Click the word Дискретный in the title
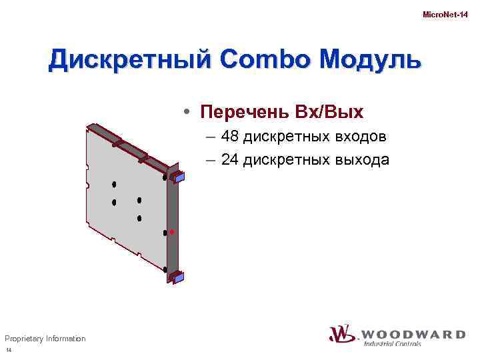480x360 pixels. (x=123, y=60)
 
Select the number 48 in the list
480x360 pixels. (x=230, y=137)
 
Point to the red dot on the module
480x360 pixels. (x=171, y=231)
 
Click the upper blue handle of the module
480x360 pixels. (x=178, y=177)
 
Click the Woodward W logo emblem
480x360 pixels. (x=342, y=333)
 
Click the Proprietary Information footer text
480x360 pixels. (x=45, y=339)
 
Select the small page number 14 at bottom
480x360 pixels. (x=9, y=351)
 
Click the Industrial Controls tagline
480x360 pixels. (x=392, y=344)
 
